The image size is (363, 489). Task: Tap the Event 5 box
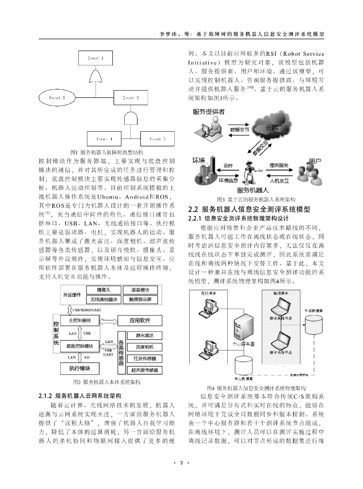click(x=158, y=138)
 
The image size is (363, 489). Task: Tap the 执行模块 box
click(x=80, y=368)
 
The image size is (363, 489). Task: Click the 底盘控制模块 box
click(x=80, y=345)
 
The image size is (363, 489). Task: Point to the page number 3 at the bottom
click(x=181, y=463)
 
